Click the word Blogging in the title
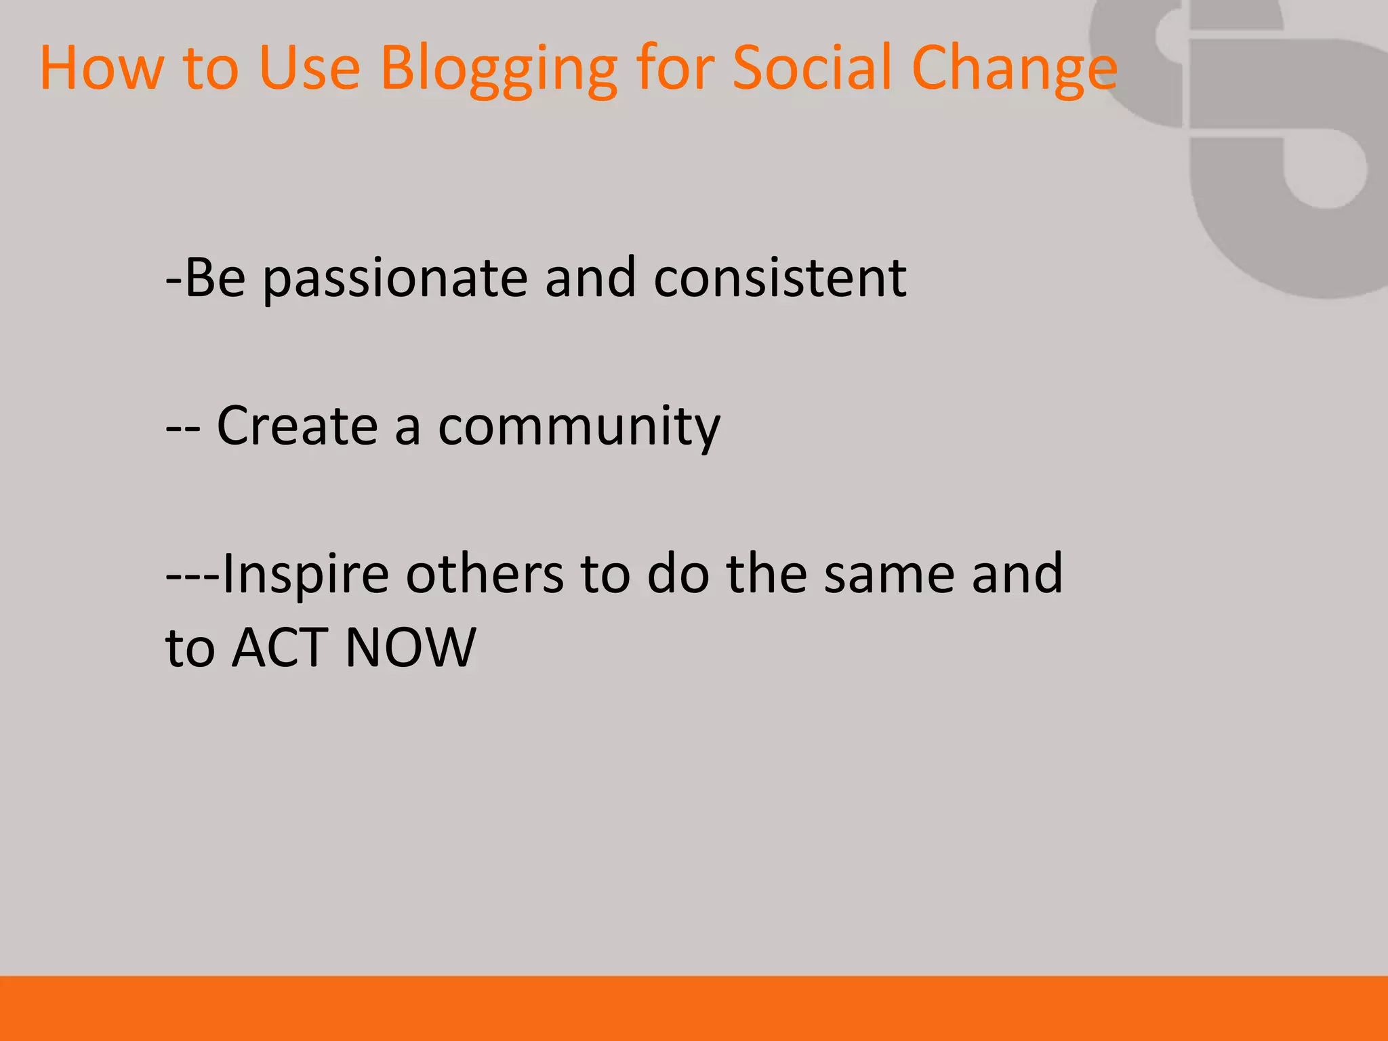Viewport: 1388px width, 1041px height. pyautogui.click(x=498, y=68)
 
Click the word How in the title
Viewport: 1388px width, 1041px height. pyautogui.click(x=102, y=68)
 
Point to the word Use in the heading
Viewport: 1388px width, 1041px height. pyautogui.click(x=309, y=68)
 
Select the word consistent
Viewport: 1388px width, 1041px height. pyautogui.click(x=779, y=278)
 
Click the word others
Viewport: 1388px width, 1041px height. pyautogui.click(x=485, y=573)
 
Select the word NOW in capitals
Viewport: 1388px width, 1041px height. pyautogui.click(x=410, y=648)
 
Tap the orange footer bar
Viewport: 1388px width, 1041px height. pyautogui.click(x=694, y=1008)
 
